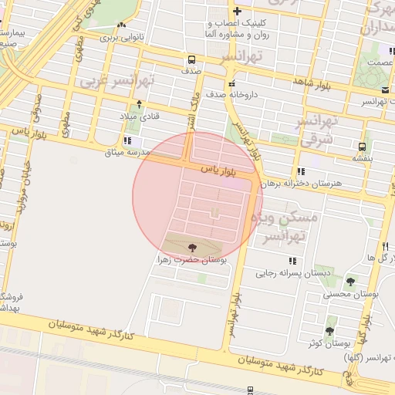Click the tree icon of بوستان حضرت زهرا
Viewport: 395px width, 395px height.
coord(191,248)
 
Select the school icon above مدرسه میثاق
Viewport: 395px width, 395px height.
coord(127,141)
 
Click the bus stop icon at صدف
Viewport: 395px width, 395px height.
coord(191,59)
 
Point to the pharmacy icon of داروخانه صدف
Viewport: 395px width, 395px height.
coord(231,84)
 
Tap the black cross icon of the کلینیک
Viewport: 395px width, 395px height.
coord(237,12)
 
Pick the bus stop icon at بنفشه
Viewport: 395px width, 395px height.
coord(362,145)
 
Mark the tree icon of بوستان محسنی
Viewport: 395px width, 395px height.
coord(351,282)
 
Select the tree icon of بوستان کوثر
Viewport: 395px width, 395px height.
coord(330,331)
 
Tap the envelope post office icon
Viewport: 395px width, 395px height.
coord(363,100)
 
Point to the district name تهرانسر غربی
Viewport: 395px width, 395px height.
coord(118,81)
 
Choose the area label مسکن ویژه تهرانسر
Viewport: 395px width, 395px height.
coord(291,229)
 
